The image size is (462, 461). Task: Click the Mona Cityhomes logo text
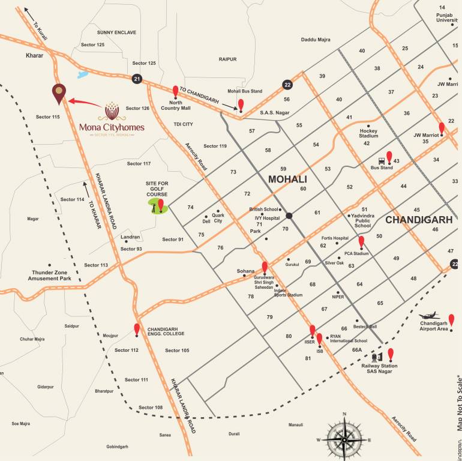point(112,127)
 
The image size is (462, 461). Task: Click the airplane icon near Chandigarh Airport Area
point(430,316)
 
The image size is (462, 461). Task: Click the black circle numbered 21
point(137,79)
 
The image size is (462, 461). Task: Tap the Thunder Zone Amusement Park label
point(52,276)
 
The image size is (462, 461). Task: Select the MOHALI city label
point(287,179)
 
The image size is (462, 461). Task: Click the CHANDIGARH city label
point(418,220)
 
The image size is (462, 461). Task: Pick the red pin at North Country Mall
point(175,92)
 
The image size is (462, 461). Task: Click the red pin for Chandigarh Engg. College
point(137,330)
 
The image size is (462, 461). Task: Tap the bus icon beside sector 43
point(382,161)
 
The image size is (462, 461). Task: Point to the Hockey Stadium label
point(368,133)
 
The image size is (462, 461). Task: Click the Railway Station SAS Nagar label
point(379,369)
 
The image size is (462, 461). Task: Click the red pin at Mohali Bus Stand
point(241,105)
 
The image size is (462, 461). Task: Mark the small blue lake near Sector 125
point(82,76)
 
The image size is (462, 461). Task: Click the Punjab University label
point(447,17)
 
